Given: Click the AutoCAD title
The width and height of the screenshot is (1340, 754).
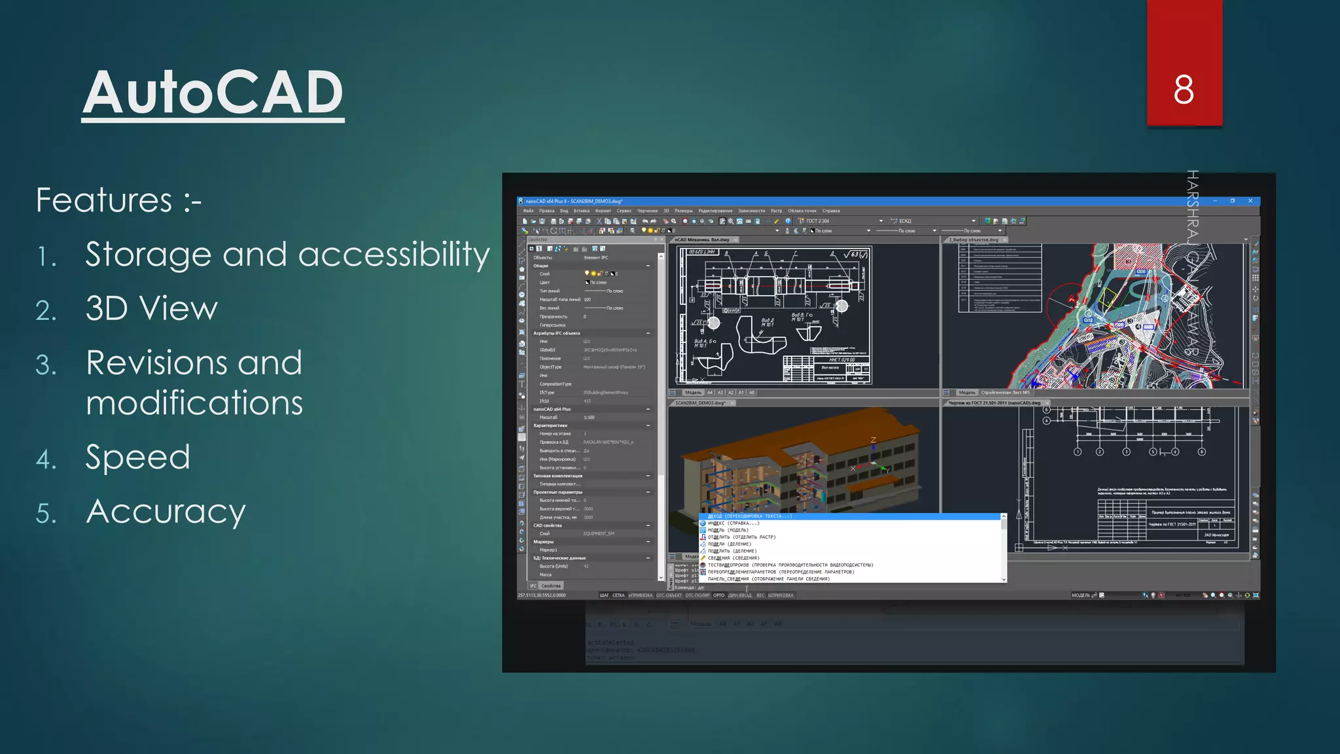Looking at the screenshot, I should [213, 93].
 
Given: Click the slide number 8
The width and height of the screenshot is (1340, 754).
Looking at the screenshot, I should [1184, 90].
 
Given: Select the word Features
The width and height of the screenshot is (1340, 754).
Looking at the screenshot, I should [104, 200].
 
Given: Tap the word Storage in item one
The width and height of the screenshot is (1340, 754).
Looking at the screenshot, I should [148, 255].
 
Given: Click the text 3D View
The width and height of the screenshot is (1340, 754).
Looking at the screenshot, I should [151, 309].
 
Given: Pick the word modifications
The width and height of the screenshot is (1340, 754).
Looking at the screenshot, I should [194, 403].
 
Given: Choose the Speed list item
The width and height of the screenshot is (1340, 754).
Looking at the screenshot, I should [137, 458].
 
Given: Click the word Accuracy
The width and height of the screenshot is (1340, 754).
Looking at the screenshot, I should [166, 512].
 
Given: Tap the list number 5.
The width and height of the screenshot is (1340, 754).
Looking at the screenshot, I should [46, 514].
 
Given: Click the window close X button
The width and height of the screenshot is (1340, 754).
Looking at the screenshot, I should [1250, 201].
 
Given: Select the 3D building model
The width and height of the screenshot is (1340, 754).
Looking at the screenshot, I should [798, 465].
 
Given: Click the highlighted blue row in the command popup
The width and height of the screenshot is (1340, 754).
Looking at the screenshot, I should [851, 516].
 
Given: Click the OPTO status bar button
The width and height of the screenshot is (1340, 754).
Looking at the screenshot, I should [718, 596].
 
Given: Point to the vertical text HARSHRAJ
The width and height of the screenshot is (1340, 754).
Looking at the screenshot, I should [1192, 203].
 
